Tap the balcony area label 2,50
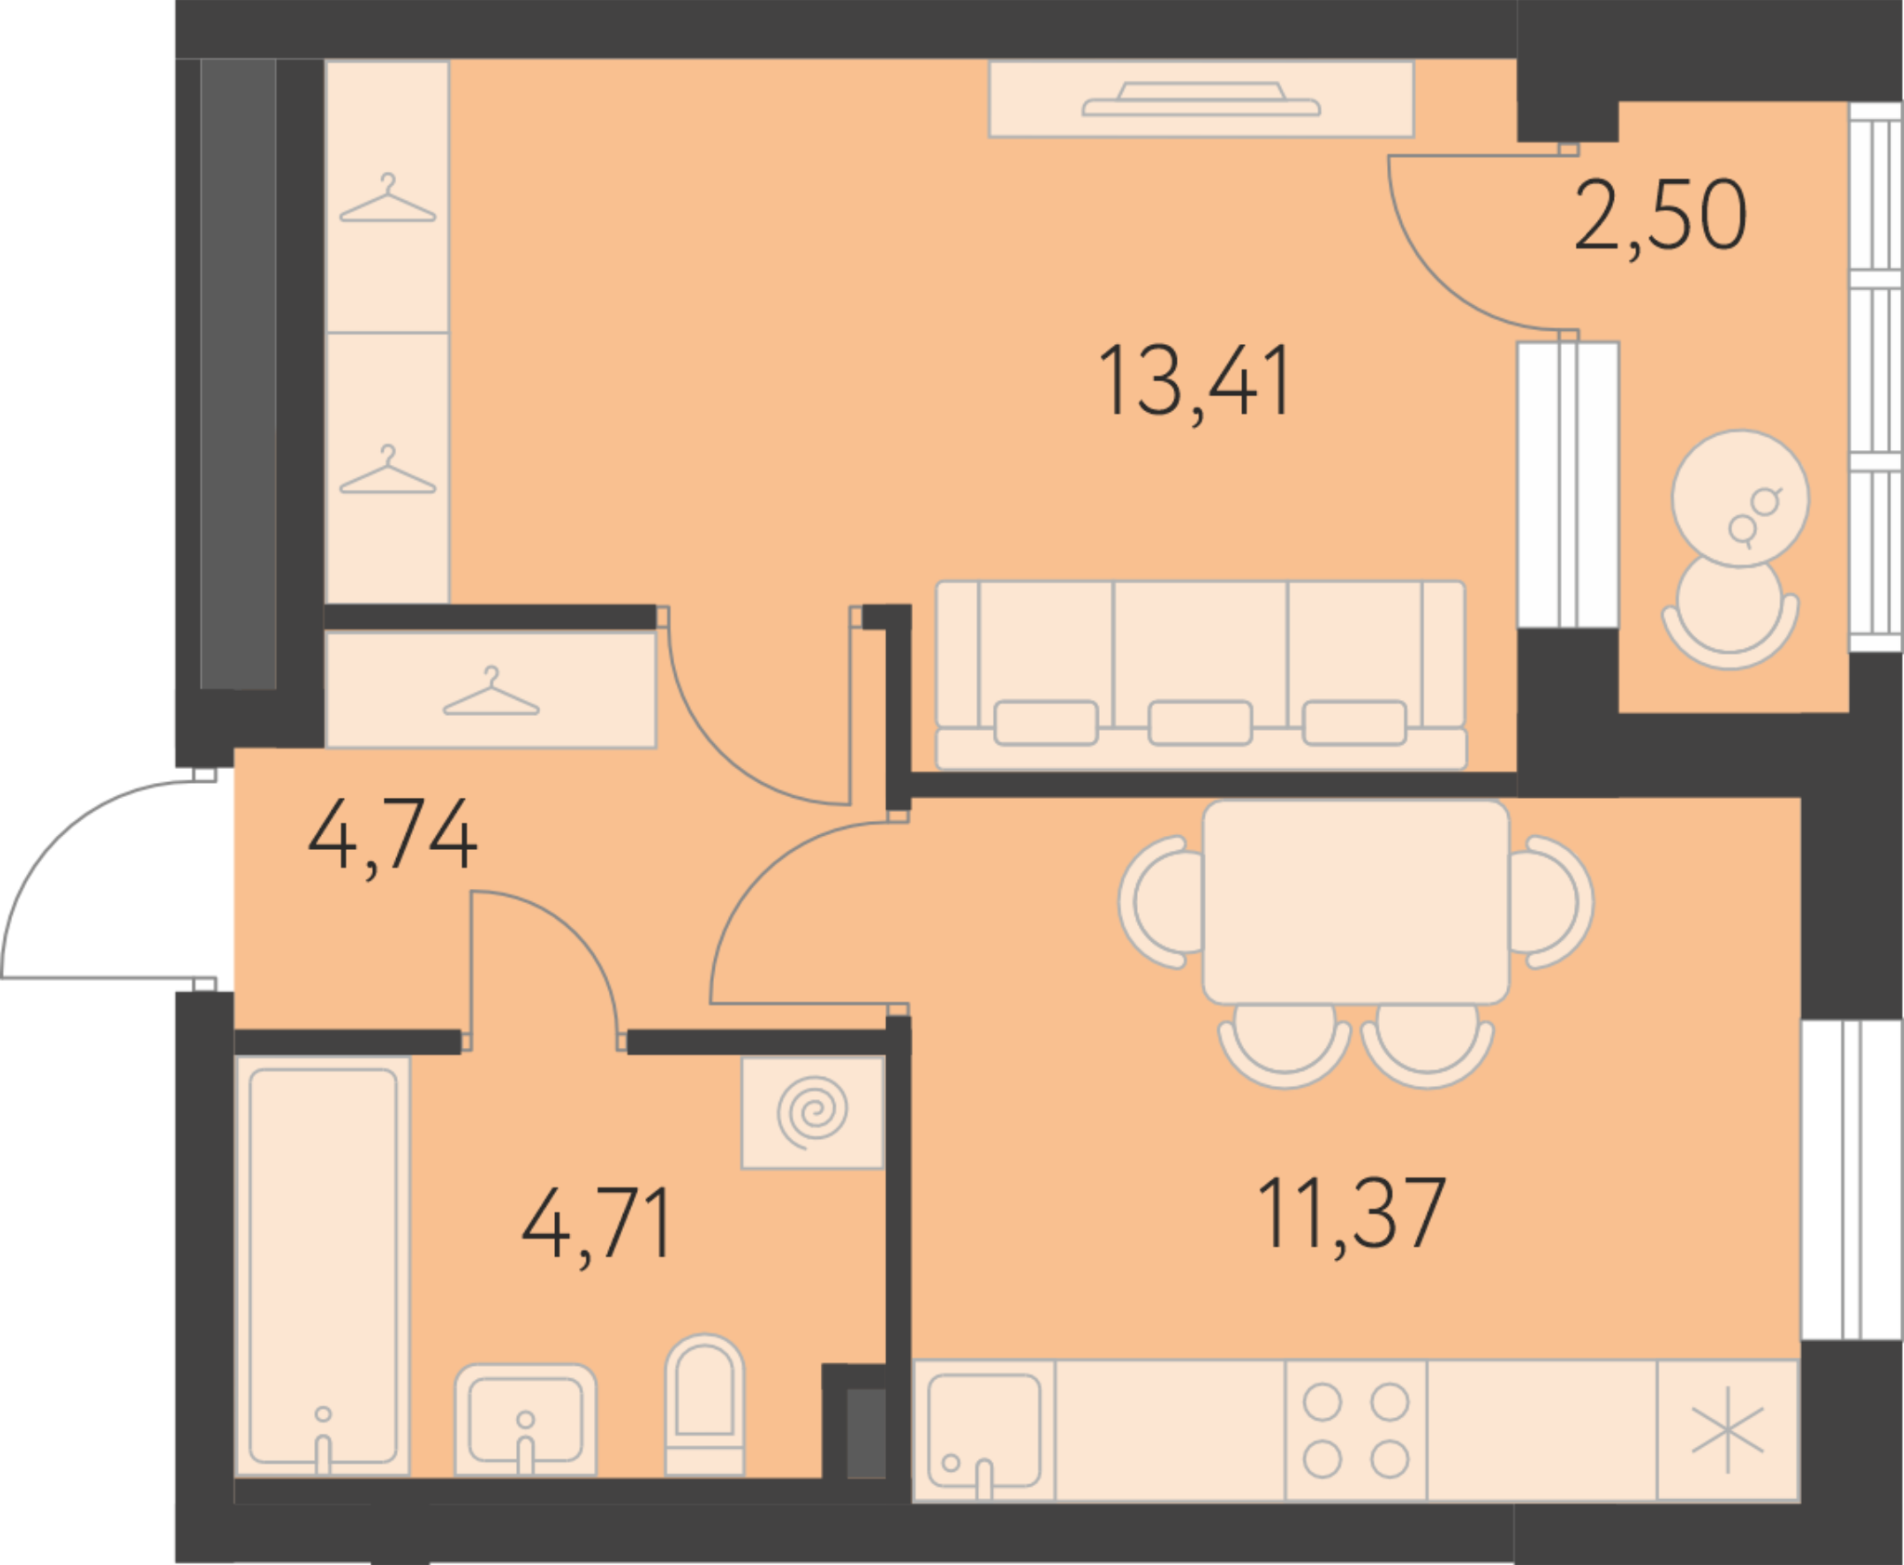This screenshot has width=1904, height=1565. pyautogui.click(x=1660, y=218)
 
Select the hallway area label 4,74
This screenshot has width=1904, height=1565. pyautogui.click(x=392, y=837)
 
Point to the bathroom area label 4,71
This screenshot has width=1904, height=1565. pyautogui.click(x=596, y=1226)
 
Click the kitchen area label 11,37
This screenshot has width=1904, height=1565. pyautogui.click(x=1351, y=1215)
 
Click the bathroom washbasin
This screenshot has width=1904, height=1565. pyautogui.click(x=525, y=1420)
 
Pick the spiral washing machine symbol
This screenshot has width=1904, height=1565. pyautogui.click(x=813, y=1112)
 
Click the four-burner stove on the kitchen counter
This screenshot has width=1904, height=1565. pyautogui.click(x=1355, y=1431)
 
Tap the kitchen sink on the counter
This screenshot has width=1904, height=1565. pyautogui.click(x=984, y=1431)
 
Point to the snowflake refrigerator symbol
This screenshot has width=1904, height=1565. pyautogui.click(x=1727, y=1431)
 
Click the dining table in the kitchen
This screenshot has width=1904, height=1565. pyautogui.click(x=1355, y=902)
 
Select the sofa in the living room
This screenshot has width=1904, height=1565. pyautogui.click(x=1200, y=676)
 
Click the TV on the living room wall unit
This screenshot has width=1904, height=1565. pyautogui.click(x=1201, y=99)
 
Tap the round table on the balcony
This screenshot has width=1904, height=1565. pyautogui.click(x=1740, y=498)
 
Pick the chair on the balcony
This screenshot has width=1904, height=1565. pyautogui.click(x=1730, y=614)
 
